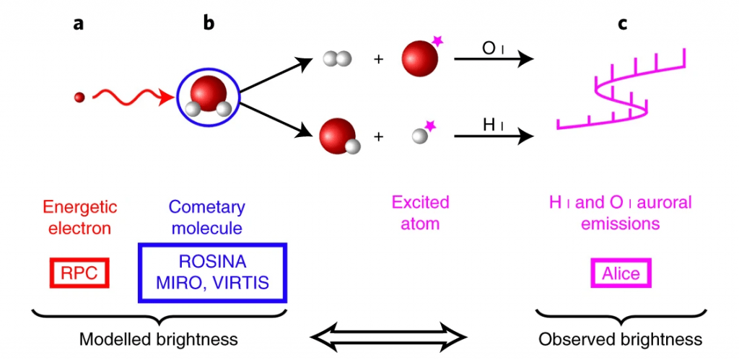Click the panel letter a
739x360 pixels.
point(78,24)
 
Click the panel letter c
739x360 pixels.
point(622,24)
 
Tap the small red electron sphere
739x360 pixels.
point(80,96)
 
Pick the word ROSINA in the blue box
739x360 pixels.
point(212,263)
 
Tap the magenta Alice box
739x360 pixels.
point(621,273)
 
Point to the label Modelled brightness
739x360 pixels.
point(159,339)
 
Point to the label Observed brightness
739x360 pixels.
point(620,339)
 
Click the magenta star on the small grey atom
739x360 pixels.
point(431,126)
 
